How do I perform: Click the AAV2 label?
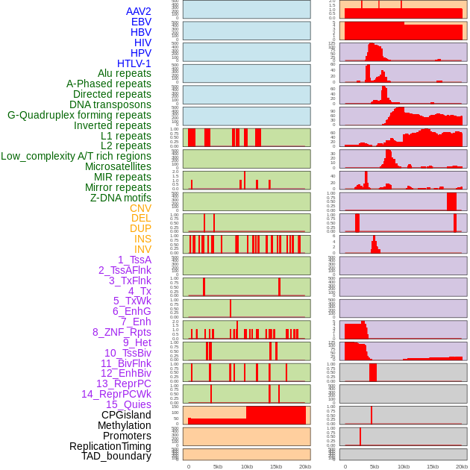coord(138,11)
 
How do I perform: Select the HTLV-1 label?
coord(134,63)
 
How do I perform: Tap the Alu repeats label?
coord(124,73)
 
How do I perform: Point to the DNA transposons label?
coord(110,104)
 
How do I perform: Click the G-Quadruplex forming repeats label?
coord(79,115)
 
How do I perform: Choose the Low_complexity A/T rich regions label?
coord(75,156)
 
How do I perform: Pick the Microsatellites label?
coord(118,166)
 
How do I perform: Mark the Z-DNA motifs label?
coord(120,198)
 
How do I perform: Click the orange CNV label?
coord(140,208)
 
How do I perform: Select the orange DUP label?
coord(140,228)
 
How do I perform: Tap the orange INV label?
coord(142,249)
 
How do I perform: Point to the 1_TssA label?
coord(134,260)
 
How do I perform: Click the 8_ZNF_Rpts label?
coord(122,332)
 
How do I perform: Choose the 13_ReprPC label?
coord(123,383)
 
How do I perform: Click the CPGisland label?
coord(126,415)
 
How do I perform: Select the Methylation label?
coord(124,425)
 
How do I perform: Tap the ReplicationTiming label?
coord(110,446)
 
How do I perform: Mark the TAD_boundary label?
coord(116,456)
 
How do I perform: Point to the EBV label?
coord(141,22)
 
